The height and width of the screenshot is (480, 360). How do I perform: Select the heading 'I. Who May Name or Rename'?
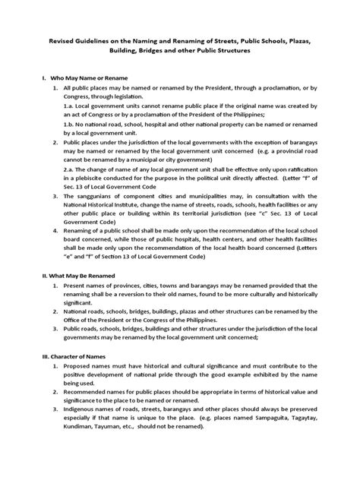pyautogui.click(x=84, y=78)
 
